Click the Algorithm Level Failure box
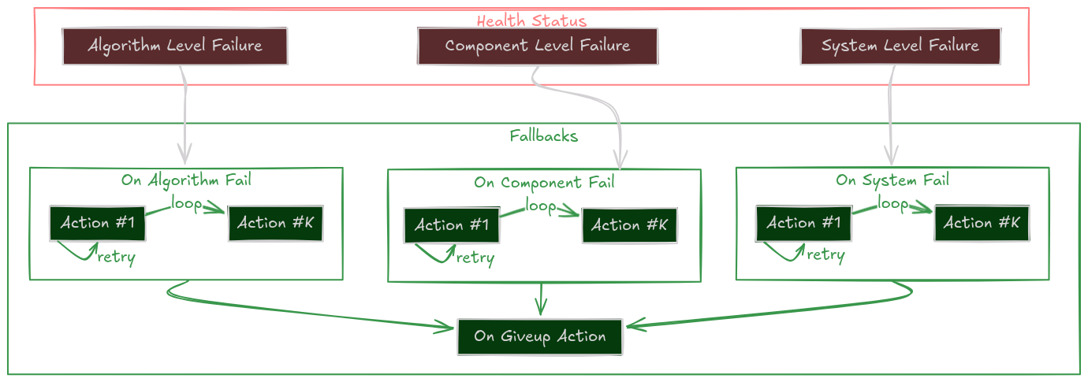coord(174,46)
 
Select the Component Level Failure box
coord(537,46)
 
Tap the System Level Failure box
coord(900,46)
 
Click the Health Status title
coord(531,20)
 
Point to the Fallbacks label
coord(543,135)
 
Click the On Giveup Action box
coord(540,336)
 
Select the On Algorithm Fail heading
coord(186,180)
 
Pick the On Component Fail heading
coord(544,183)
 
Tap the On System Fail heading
coord(892,180)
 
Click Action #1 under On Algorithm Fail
coord(97,223)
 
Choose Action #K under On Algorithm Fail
coord(275,223)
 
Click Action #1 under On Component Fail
coord(451,225)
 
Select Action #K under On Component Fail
coord(629,225)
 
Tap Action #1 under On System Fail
coord(803,223)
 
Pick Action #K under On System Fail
coord(982,223)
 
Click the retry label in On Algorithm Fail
coord(116,258)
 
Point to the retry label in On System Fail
coord(825,255)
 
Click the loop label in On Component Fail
coord(541,206)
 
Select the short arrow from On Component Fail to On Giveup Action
coord(540,299)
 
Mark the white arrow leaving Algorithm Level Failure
coord(185,110)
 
